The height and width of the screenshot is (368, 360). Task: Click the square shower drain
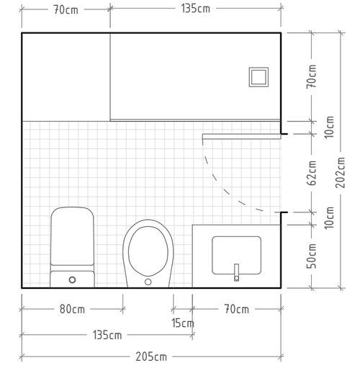pyautogui.click(x=258, y=77)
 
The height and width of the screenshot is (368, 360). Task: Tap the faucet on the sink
pyautogui.click(x=237, y=272)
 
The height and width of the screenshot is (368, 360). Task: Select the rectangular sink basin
pyautogui.click(x=236, y=255)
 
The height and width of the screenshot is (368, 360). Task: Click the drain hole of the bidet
pyautogui.click(x=148, y=282)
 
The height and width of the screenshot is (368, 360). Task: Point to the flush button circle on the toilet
pyautogui.click(x=72, y=279)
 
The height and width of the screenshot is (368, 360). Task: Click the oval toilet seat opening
pyautogui.click(x=148, y=251)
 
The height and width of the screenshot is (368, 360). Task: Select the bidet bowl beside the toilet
pyautogui.click(x=148, y=253)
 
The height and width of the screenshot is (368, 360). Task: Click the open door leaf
pyautogui.click(x=242, y=137)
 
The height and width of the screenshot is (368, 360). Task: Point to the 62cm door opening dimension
pyautogui.click(x=312, y=173)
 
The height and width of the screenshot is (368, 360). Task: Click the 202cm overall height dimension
pyautogui.click(x=341, y=172)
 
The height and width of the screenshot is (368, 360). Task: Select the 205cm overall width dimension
pyautogui.click(x=151, y=356)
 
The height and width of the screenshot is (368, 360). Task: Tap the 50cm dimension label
pyautogui.click(x=312, y=256)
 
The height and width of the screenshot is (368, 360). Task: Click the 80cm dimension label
pyautogui.click(x=72, y=309)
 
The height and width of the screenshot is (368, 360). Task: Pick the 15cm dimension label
pyautogui.click(x=183, y=323)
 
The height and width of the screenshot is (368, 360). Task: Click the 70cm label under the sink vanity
pyautogui.click(x=237, y=309)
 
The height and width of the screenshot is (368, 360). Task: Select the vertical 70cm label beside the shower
pyautogui.click(x=312, y=76)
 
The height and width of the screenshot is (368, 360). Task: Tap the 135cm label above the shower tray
pyautogui.click(x=196, y=9)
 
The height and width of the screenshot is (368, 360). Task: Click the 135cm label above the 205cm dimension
pyautogui.click(x=107, y=335)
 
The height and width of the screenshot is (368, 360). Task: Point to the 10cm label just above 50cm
pyautogui.click(x=330, y=218)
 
